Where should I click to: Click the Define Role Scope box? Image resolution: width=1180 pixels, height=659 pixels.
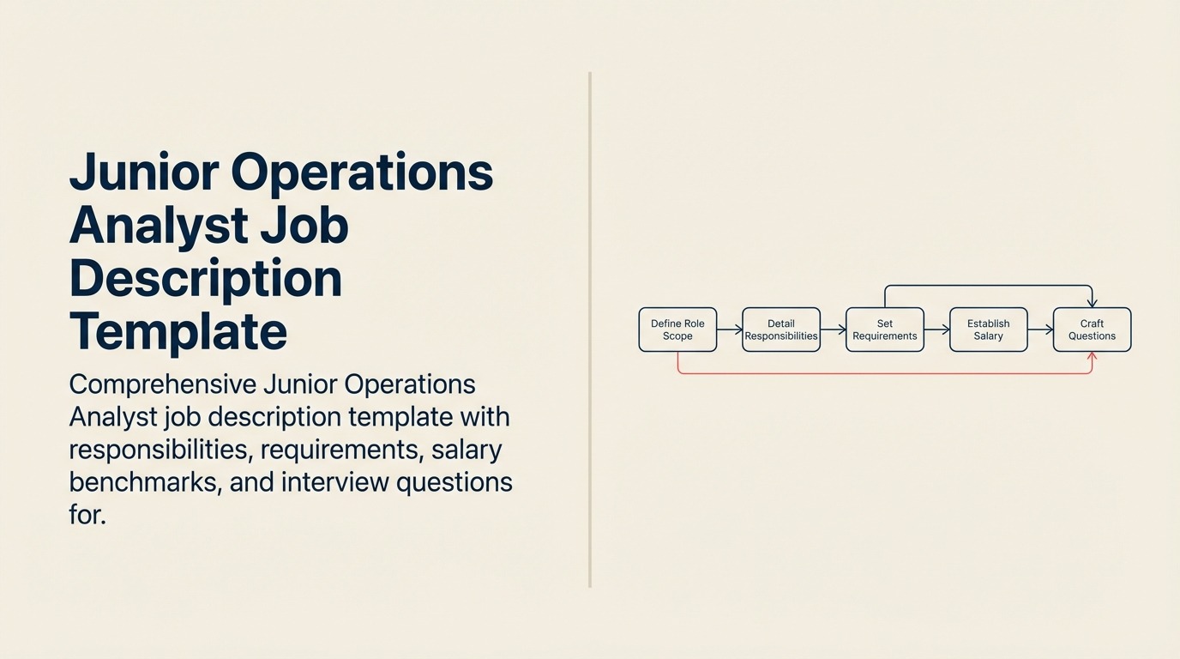coord(677,329)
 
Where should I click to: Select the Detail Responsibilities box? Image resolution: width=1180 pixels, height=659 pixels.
coord(780,329)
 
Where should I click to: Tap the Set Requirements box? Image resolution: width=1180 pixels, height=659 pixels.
coord(884,329)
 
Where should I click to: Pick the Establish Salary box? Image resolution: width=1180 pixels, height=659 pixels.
coord(988,329)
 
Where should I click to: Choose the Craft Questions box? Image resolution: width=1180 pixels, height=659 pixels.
coord(1092,329)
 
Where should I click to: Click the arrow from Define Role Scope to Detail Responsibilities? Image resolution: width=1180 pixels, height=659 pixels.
coord(730,329)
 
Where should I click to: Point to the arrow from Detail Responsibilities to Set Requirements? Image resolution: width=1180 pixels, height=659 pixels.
coord(833,329)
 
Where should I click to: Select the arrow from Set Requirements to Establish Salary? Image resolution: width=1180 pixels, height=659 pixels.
coord(936,329)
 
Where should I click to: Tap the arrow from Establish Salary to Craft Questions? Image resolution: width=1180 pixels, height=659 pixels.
coord(1040,329)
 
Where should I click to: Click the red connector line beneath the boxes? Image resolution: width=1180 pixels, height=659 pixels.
coord(883,373)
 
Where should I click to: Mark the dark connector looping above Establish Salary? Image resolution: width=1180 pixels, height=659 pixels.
coord(988,286)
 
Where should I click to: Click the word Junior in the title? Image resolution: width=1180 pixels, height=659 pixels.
coord(142,172)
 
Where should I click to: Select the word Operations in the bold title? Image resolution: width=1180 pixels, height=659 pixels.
coord(362,172)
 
